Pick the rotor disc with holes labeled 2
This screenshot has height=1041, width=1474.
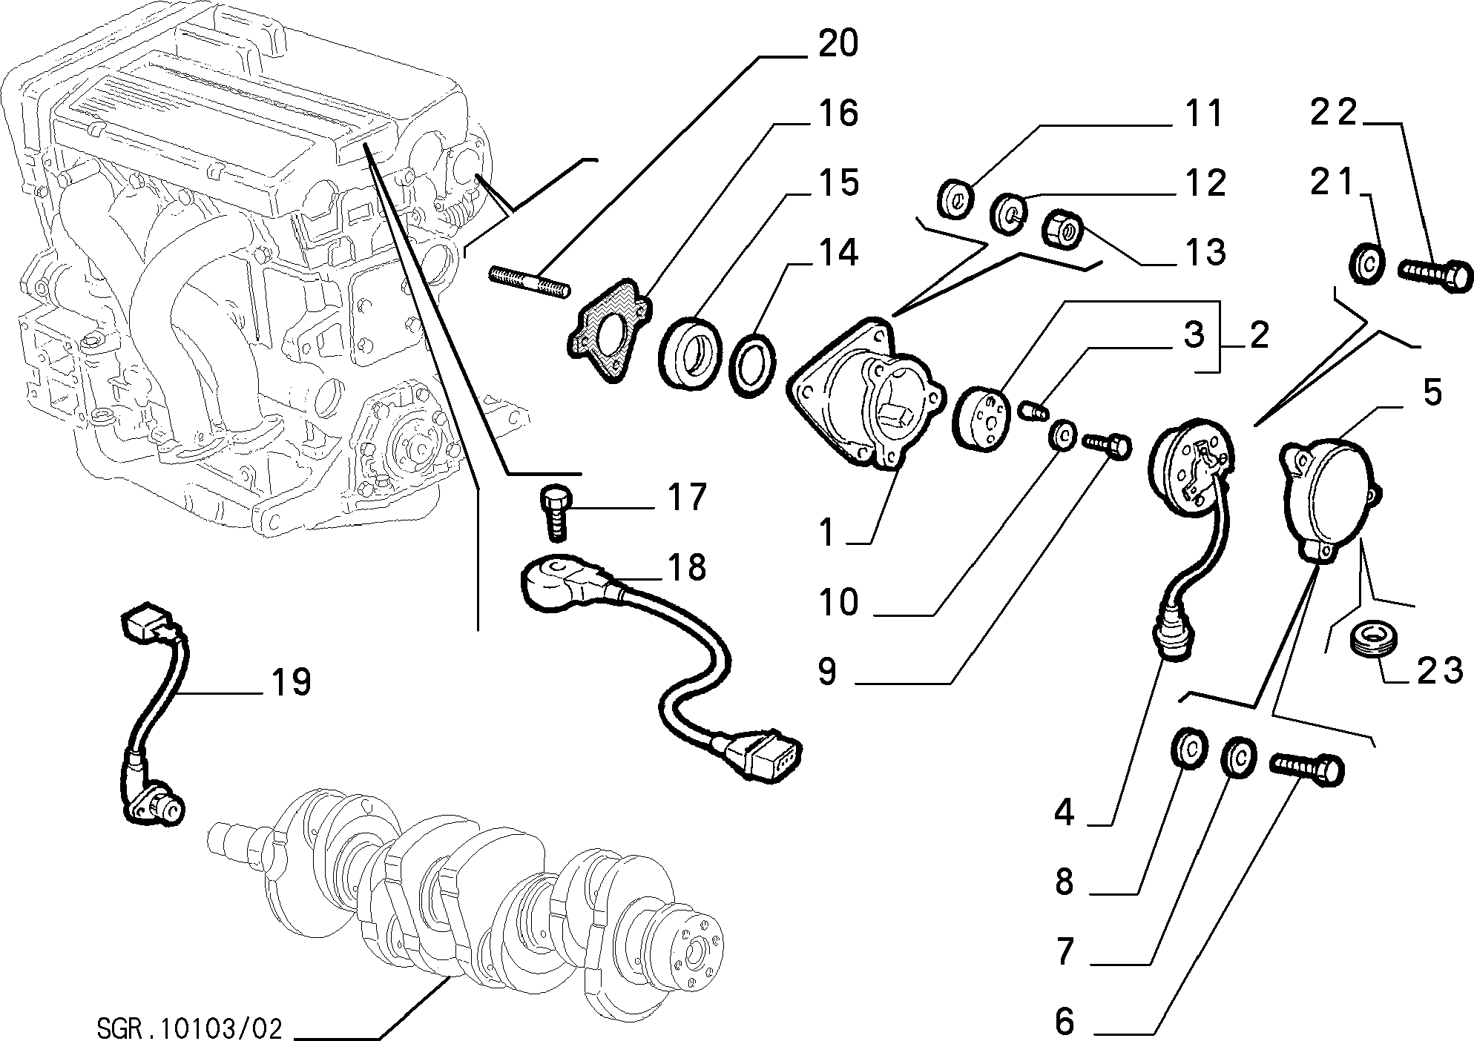pos(980,420)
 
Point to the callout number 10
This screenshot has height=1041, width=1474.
pos(838,602)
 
